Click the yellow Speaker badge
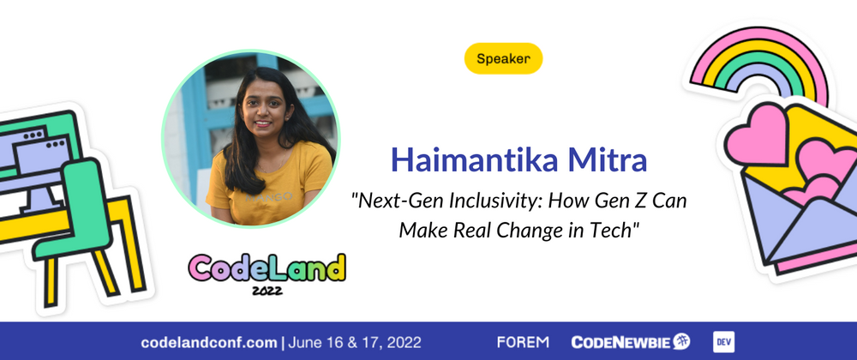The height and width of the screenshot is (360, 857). (x=503, y=59)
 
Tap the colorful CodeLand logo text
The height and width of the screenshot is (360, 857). (x=267, y=268)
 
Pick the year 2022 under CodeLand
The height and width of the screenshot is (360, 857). (x=267, y=291)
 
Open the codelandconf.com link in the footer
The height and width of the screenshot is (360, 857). (x=209, y=342)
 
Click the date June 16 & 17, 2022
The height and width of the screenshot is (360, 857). (x=355, y=342)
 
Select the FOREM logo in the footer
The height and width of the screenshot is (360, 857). (x=522, y=342)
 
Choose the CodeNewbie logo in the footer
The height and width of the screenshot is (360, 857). (x=630, y=342)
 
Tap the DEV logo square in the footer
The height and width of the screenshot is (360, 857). (x=725, y=342)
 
